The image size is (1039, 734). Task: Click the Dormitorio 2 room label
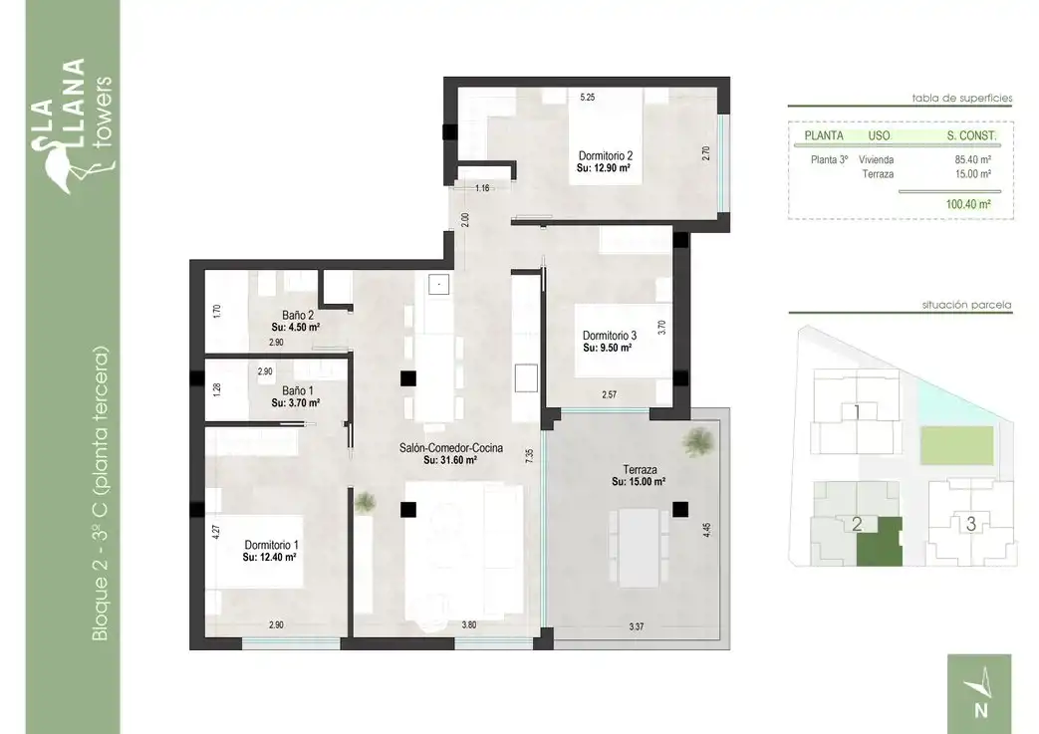point(605,155)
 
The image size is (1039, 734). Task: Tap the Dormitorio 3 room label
point(609,336)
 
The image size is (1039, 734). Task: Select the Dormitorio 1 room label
point(271,545)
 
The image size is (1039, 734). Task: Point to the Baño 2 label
point(298,316)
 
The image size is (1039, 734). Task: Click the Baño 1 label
point(298,390)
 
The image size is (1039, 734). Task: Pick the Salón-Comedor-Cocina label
point(450,448)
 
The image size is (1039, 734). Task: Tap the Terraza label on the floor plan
point(640,470)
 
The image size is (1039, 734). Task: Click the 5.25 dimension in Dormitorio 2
point(587,97)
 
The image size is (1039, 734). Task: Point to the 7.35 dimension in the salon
point(529,456)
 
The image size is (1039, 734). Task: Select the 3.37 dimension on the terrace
point(637,626)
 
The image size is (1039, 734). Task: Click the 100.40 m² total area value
point(968,204)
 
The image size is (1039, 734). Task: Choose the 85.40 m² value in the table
point(972,159)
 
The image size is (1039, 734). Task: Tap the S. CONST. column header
point(971,135)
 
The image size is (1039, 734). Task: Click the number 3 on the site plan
point(970,524)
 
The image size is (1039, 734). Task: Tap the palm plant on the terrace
point(698,441)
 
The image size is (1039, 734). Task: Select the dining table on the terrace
point(640,547)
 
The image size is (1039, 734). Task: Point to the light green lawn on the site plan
point(957,445)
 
